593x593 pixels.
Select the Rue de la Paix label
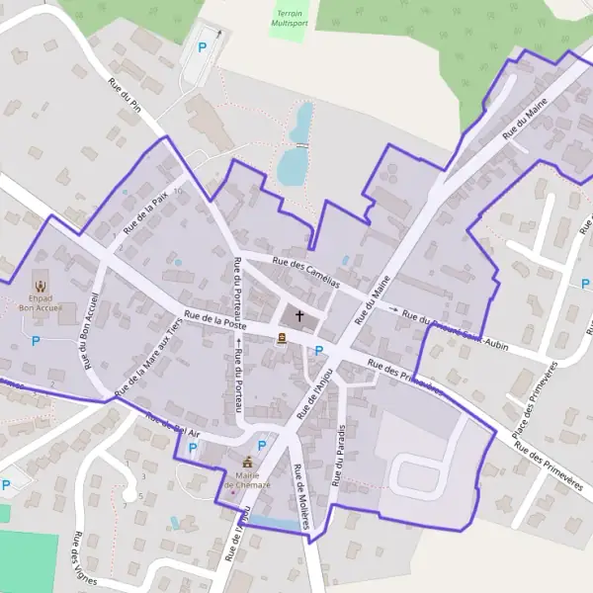coord(145,212)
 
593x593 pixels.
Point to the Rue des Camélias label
coord(305,272)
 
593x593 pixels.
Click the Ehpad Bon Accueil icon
coord(41,286)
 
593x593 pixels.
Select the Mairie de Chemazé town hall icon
coord(247,463)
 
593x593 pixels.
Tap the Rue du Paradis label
coord(339,455)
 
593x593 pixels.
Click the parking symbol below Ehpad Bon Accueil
coord(37,341)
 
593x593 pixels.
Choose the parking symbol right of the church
coord(319,350)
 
